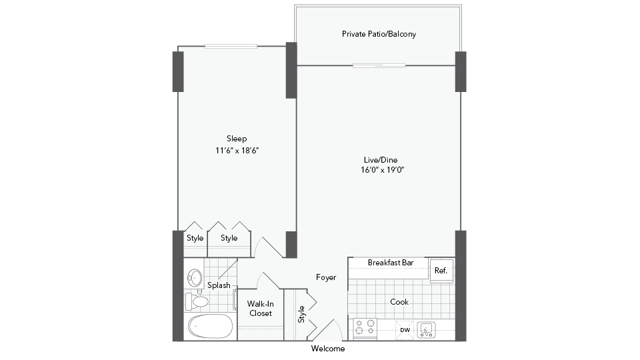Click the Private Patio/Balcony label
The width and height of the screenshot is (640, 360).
point(379,34)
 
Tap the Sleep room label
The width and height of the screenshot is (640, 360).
point(237,139)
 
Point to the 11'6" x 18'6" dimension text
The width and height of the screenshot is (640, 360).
point(237,151)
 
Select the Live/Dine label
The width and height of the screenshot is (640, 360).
point(381,160)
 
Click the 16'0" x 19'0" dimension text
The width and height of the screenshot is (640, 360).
point(383,170)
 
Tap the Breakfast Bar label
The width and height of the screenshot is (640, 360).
point(391,263)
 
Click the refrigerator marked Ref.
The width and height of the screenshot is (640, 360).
point(441,271)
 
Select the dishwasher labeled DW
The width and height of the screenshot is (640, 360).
point(405,330)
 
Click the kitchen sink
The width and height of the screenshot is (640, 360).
point(426,330)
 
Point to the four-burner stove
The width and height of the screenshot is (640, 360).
point(365,329)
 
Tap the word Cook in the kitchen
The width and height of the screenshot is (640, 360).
point(399,302)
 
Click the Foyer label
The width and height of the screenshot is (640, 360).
point(326,277)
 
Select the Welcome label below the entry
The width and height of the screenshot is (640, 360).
point(328,349)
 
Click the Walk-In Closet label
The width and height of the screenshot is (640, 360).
point(261,309)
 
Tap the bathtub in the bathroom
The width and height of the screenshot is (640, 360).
point(211,327)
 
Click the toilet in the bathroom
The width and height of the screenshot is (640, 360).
point(197,301)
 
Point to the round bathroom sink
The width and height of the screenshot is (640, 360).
point(195,279)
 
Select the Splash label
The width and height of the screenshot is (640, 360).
point(219,285)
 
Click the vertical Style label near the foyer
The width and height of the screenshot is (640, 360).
point(301,314)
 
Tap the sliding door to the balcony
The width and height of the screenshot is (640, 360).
point(379,65)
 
